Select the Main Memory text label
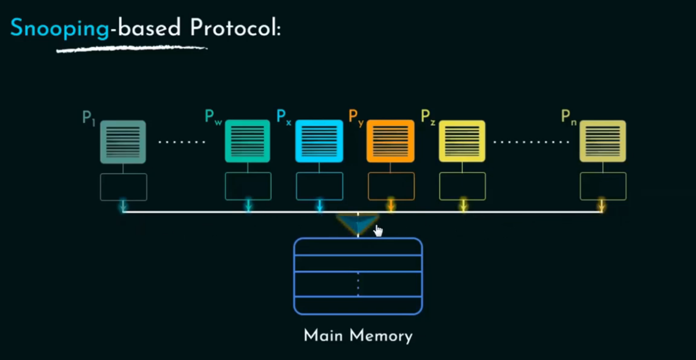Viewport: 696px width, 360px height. (358, 336)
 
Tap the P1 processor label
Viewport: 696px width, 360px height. (89, 118)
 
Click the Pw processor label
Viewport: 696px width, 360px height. (213, 116)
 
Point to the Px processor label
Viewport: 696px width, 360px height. (284, 116)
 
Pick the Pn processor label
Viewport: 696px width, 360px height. (569, 116)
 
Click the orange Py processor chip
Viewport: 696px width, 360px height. (390, 141)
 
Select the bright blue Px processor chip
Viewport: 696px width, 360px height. (319, 141)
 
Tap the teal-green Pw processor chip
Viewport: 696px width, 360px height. (248, 141)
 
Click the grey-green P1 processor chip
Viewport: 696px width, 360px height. (123, 142)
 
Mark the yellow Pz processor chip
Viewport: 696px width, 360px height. (462, 141)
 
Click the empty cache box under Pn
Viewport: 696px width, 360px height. (602, 186)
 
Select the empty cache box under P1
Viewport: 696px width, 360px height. (124, 187)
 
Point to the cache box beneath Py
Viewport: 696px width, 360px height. (391, 186)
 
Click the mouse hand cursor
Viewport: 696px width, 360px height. (378, 230)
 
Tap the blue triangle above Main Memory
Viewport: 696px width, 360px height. (357, 224)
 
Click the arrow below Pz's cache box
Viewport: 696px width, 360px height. (463, 206)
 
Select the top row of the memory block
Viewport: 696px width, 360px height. (358, 247)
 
